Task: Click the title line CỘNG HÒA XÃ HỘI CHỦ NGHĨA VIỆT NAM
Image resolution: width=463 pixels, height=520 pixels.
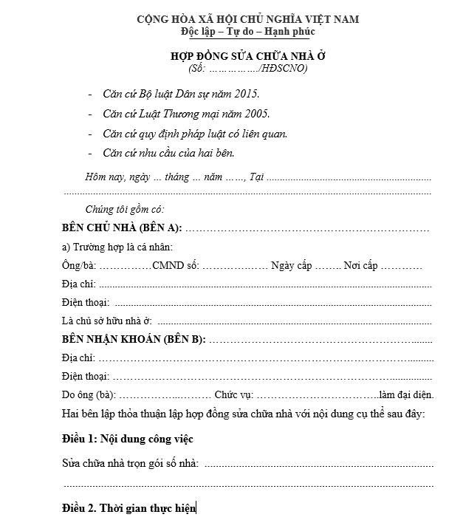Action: pos(247,18)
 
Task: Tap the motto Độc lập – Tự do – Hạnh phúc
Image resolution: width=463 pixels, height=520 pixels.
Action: pos(247,31)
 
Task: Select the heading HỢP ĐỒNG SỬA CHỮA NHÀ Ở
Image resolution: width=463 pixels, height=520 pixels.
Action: pos(247,56)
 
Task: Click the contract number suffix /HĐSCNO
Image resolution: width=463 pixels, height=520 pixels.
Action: pos(284,69)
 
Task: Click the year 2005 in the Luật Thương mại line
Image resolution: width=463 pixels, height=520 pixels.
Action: pos(256,114)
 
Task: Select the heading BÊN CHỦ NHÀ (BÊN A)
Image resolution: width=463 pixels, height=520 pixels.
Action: pos(122,227)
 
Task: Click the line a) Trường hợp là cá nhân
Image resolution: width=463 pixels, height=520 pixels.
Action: pos(118,247)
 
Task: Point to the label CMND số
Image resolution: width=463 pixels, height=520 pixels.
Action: pos(175,265)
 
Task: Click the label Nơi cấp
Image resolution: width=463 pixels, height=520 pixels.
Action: pos(360,265)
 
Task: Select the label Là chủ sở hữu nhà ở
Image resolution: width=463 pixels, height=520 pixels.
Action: pos(108,321)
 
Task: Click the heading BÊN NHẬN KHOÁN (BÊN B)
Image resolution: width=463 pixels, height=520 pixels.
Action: pos(134,339)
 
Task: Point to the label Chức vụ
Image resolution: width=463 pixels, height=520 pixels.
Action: pos(234,394)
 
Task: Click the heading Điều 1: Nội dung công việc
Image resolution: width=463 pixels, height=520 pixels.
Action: pos(128,439)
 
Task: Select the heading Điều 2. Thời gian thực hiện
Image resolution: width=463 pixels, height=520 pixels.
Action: pos(129,507)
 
